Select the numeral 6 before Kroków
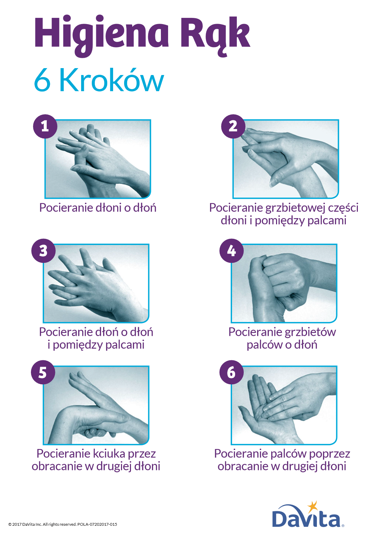(x=42, y=80)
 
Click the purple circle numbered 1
(x=45, y=126)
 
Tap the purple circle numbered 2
(x=233, y=126)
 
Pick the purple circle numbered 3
(x=44, y=250)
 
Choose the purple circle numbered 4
(x=231, y=250)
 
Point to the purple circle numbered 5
(x=43, y=372)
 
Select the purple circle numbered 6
(x=231, y=372)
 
